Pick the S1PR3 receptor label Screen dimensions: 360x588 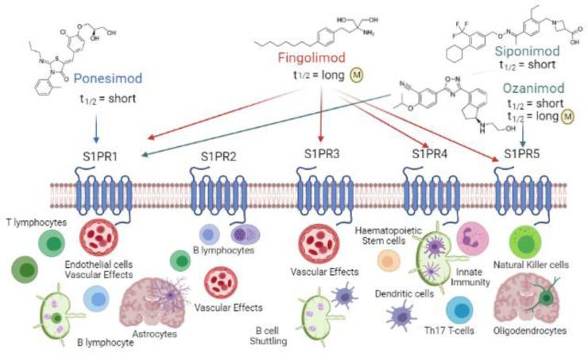point(318,154)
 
